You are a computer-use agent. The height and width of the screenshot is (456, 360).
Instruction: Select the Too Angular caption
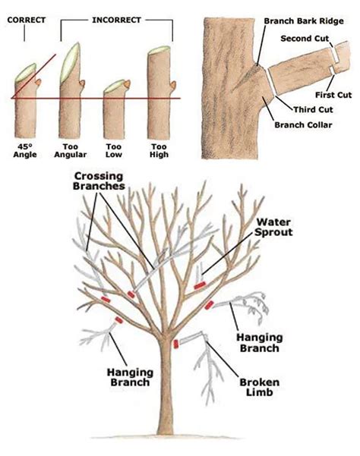point(71,149)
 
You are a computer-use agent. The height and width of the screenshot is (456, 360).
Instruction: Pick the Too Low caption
point(115,149)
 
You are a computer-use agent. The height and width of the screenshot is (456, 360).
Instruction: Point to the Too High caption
point(158,149)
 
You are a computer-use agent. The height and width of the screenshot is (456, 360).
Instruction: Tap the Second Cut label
point(308,38)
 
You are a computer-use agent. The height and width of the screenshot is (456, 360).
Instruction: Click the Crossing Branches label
point(99,181)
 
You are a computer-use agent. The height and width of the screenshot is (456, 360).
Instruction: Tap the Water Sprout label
point(273,227)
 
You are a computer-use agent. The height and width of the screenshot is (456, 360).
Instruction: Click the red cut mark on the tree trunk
point(176,345)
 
